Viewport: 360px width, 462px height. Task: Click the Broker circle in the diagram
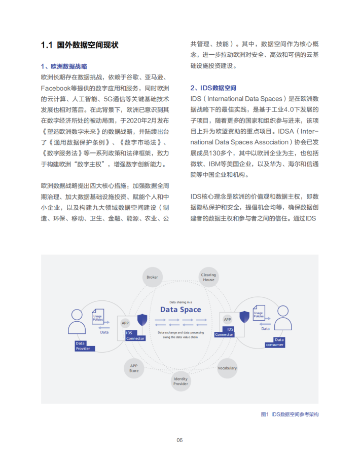point(152,277)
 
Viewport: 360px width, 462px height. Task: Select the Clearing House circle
point(208,277)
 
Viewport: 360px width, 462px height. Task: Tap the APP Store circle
point(134,368)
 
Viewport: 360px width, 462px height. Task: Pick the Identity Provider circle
point(181,381)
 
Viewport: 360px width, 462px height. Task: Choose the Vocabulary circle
point(227,368)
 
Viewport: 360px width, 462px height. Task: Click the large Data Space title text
point(181,310)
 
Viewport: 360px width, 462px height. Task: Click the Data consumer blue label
point(275,342)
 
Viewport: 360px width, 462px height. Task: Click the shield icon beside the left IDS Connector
point(142,320)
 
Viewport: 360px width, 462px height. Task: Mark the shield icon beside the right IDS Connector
point(244,317)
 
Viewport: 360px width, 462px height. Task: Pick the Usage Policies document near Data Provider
point(98,318)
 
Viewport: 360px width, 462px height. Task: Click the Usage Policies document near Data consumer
point(259,313)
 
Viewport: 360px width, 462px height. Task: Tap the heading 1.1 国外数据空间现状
point(79,45)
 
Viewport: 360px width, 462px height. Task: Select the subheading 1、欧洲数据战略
point(64,66)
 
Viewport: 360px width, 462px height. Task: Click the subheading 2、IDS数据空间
point(213,88)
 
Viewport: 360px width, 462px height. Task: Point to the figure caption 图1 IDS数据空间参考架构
point(290,414)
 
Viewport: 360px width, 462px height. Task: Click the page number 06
point(179,440)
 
